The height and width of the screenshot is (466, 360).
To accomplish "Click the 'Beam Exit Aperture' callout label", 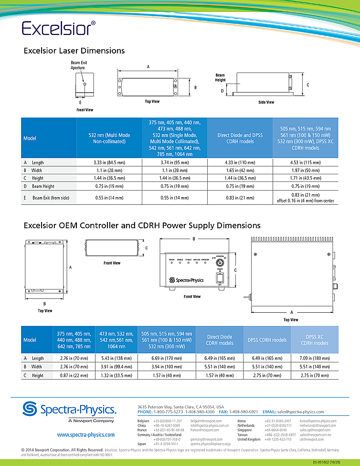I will pyautogui.click(x=79, y=65).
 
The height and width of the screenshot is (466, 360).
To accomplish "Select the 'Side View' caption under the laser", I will pyautogui.click(x=266, y=102).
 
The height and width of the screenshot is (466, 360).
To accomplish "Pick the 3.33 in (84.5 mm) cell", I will pyautogui.click(x=109, y=162).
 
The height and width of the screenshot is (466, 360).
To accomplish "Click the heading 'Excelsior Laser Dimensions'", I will pyautogui.click(x=74, y=51).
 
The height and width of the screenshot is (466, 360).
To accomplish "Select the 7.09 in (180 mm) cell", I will pyautogui.click(x=315, y=358).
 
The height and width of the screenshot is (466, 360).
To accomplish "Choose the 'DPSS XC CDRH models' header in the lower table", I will pyautogui.click(x=315, y=339).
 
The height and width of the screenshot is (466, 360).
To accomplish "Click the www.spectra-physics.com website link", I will pyautogui.click(x=86, y=435).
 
